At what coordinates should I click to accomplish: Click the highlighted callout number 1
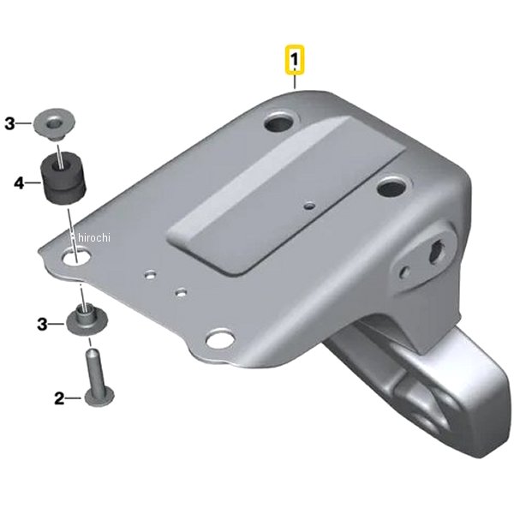click(295, 60)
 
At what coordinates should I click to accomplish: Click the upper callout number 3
click(10, 124)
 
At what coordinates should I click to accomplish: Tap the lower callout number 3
click(42, 325)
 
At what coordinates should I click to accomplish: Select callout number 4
click(20, 183)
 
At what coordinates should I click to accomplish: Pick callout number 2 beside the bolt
click(59, 398)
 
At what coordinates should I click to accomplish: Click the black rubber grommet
click(63, 177)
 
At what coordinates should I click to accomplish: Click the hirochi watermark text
click(93, 237)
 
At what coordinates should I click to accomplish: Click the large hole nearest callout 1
click(280, 122)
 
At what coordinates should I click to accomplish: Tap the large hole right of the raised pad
click(392, 188)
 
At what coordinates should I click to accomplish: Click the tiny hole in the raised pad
click(309, 206)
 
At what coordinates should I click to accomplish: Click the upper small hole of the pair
click(151, 274)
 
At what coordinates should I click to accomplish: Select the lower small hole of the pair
click(181, 292)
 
